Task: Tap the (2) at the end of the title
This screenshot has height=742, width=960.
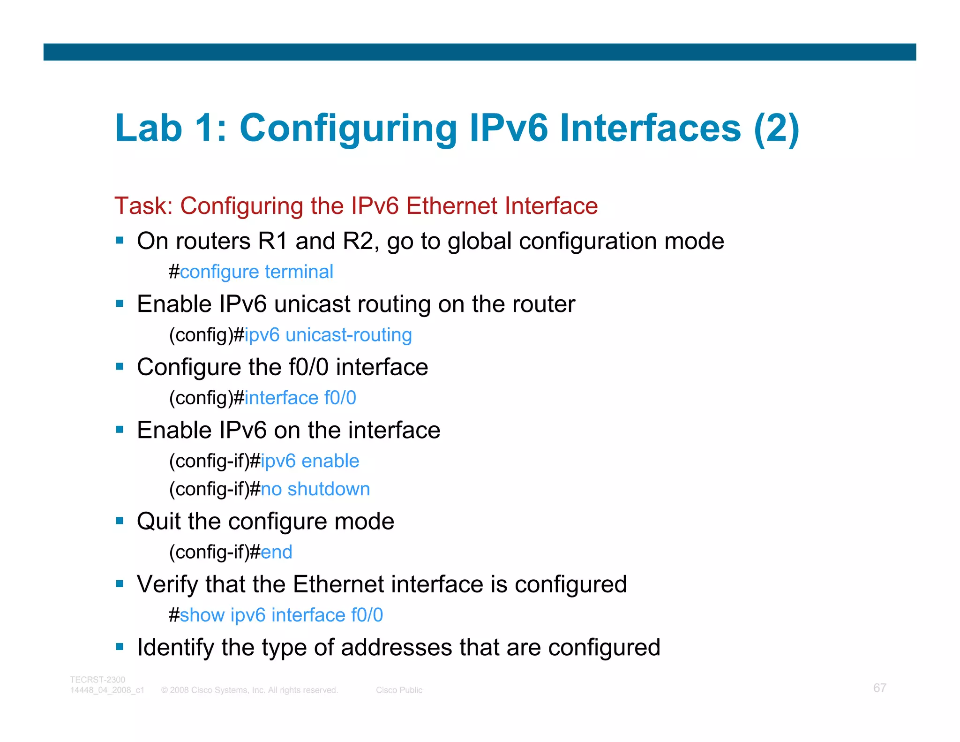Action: [x=776, y=129]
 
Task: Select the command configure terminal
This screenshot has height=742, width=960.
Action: [x=256, y=272]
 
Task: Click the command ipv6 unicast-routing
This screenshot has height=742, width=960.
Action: [x=328, y=335]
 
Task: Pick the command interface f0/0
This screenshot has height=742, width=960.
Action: [x=300, y=398]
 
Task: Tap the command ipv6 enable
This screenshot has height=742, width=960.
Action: [x=310, y=461]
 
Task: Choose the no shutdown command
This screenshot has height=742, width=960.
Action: [x=315, y=489]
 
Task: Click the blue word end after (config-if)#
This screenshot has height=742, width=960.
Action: [x=276, y=552]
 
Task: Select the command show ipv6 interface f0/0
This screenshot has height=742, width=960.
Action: [x=281, y=615]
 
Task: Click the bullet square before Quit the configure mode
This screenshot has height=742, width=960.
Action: [x=120, y=521]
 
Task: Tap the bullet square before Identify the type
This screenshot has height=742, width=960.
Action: [x=120, y=647]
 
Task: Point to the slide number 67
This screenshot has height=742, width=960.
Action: [x=879, y=688]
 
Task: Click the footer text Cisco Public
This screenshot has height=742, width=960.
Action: [x=399, y=690]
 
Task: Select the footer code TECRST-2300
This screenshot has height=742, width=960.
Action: [x=97, y=680]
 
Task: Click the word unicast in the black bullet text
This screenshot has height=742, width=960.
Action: [x=312, y=304]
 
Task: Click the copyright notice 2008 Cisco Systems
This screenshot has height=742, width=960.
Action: [x=249, y=690]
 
